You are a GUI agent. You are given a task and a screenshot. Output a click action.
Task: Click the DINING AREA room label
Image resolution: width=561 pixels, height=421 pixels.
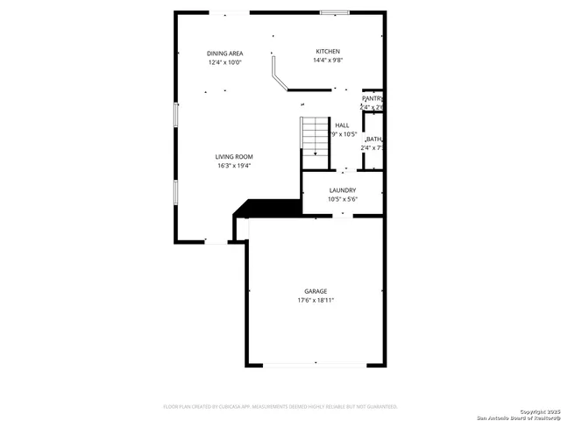point(224,53)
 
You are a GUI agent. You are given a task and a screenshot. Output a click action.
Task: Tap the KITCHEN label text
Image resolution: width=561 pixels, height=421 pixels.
point(328,52)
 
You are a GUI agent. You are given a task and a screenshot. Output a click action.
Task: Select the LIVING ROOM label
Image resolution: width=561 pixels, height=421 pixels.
point(234,156)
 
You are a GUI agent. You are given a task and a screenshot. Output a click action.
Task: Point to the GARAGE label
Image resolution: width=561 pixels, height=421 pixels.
point(316,291)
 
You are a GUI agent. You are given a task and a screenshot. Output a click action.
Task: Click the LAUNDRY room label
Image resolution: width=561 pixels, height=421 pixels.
point(342,190)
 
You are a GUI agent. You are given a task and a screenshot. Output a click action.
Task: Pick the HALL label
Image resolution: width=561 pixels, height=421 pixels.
point(342,125)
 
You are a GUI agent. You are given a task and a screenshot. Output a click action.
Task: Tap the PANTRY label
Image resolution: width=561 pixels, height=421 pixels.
point(373,98)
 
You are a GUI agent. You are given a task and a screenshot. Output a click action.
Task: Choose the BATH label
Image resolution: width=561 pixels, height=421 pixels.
point(374,139)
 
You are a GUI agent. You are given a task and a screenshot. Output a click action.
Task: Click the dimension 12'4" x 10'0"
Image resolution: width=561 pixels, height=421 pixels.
point(224,62)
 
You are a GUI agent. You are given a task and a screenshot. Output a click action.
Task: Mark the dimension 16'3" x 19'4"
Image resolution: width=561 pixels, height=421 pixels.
point(234,166)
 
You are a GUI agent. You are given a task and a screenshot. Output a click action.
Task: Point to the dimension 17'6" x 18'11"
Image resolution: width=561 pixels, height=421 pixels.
point(316,301)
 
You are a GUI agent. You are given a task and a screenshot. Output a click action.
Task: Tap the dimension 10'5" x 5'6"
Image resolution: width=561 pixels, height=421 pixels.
point(342,199)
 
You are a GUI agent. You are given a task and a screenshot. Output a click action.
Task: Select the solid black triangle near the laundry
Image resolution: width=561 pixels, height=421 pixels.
point(267,208)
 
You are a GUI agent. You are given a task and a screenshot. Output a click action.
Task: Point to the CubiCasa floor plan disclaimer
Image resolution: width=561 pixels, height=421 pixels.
point(280,407)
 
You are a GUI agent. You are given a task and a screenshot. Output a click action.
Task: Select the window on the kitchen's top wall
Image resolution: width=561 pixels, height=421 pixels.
point(333,12)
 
